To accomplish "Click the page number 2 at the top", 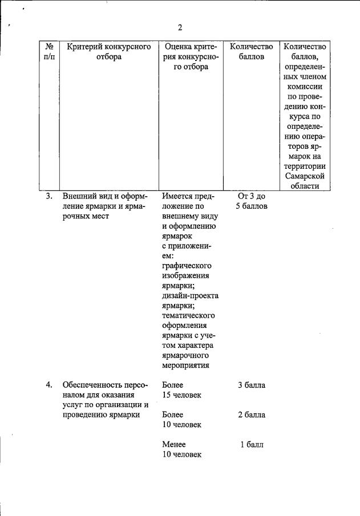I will [180, 27].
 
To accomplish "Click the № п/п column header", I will [50, 51].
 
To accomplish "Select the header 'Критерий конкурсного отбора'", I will [108, 51].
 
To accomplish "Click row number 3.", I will [50, 196].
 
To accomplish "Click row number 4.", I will [50, 385].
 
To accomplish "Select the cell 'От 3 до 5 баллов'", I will [251, 201].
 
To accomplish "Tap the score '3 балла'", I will [252, 385].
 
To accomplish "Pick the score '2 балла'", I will [252, 415].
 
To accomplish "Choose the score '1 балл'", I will [252, 444].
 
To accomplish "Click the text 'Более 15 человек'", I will [181, 390].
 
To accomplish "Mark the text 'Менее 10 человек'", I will [181, 449].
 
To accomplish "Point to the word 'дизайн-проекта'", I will [190, 295].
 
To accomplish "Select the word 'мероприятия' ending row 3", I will [185, 365].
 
